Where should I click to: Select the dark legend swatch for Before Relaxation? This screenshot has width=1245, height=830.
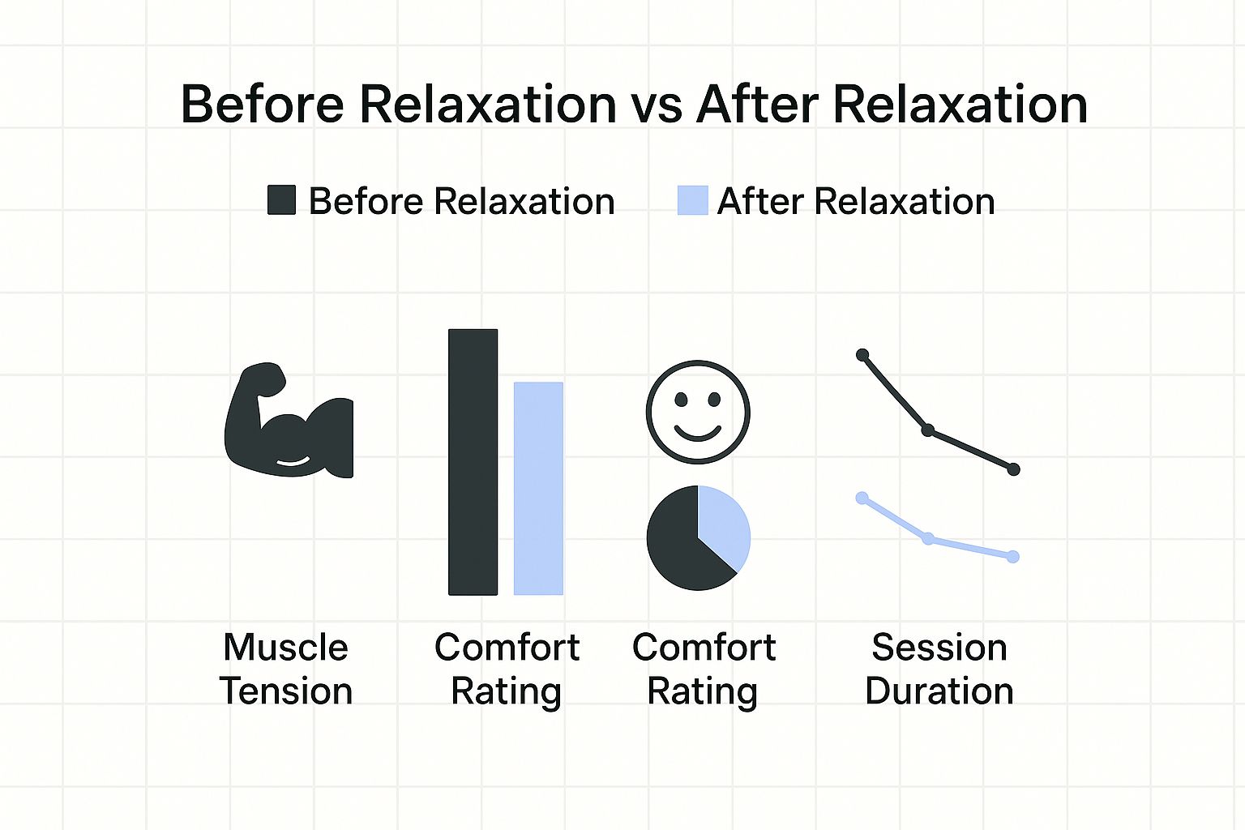(x=282, y=200)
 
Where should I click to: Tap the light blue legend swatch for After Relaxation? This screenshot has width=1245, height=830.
(x=692, y=200)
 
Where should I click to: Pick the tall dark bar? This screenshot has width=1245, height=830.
(x=473, y=462)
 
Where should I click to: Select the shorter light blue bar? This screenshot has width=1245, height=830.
(x=538, y=489)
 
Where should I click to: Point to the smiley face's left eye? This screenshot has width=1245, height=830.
(x=681, y=399)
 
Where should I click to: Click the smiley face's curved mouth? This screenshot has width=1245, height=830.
(x=698, y=434)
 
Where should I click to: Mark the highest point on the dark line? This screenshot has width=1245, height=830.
(x=862, y=355)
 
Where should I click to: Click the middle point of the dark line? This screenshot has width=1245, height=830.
(x=927, y=430)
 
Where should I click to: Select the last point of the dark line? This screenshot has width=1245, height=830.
(x=1014, y=470)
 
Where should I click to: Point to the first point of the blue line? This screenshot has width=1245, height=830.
(x=862, y=498)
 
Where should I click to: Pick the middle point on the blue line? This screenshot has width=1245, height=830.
(x=927, y=539)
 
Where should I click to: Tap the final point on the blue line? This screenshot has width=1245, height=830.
(x=1013, y=557)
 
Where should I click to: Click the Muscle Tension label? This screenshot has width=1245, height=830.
(x=286, y=669)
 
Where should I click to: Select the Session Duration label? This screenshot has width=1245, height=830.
(x=939, y=669)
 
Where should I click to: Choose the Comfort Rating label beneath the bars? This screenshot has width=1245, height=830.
(x=507, y=670)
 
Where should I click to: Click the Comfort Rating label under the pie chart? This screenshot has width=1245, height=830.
(x=704, y=670)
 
